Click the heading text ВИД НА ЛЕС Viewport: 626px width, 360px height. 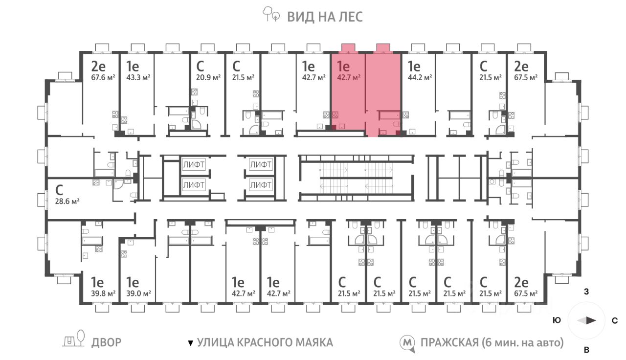pos(324,17)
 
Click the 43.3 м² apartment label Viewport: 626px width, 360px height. pos(138,77)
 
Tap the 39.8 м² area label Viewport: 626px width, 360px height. pos(103,293)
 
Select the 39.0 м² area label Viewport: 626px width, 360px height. pos(138,293)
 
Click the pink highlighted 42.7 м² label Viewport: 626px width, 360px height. pos(349,77)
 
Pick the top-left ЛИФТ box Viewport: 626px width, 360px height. pos(193,164)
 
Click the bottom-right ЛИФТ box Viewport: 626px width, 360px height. pos(260,185)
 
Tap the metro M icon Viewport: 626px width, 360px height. pos(407,342)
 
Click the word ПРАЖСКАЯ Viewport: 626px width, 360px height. pos(448,342)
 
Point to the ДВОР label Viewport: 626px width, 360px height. pos(106,342)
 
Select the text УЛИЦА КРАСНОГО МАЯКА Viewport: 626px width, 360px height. pos(265,342)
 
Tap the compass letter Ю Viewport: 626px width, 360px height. pos(557,321)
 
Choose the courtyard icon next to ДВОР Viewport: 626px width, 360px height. pos(74,339)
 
